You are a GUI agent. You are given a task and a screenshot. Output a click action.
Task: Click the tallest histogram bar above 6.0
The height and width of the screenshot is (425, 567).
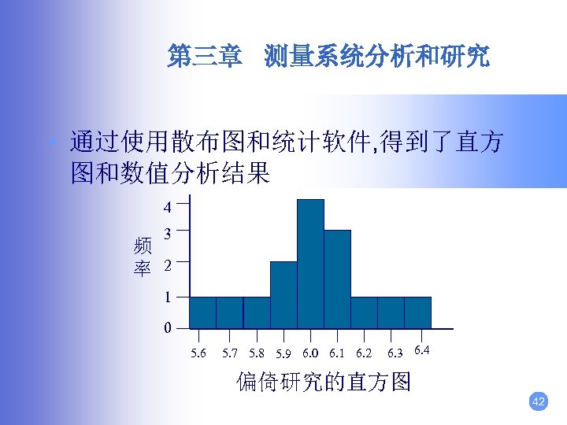(310, 264)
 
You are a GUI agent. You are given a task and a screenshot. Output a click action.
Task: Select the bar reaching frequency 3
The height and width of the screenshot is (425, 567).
(337, 279)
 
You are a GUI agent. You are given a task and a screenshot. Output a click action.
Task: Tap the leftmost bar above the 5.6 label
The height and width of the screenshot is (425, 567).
(202, 312)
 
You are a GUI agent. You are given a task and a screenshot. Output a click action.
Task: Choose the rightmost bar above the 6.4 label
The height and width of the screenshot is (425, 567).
(417, 312)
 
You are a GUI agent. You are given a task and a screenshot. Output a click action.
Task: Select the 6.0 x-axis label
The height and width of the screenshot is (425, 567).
(310, 353)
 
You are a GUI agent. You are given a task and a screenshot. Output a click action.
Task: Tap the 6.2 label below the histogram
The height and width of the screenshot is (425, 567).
(364, 353)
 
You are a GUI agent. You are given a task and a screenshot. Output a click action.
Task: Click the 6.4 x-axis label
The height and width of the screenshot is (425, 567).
(421, 349)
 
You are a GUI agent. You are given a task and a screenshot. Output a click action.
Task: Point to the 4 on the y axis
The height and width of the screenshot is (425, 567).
(167, 209)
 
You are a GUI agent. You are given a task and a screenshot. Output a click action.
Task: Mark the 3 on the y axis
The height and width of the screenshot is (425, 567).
(167, 233)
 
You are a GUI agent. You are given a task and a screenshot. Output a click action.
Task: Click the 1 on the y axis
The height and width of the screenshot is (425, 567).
(167, 297)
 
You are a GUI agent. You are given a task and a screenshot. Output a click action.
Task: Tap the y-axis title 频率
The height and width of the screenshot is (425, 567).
(143, 257)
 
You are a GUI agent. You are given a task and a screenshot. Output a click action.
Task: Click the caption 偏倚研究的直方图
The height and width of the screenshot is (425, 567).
(324, 382)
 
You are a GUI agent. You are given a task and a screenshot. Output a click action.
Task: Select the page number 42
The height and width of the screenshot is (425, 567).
(539, 402)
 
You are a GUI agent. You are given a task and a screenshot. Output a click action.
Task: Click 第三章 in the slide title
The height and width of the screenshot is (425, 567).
(204, 57)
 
